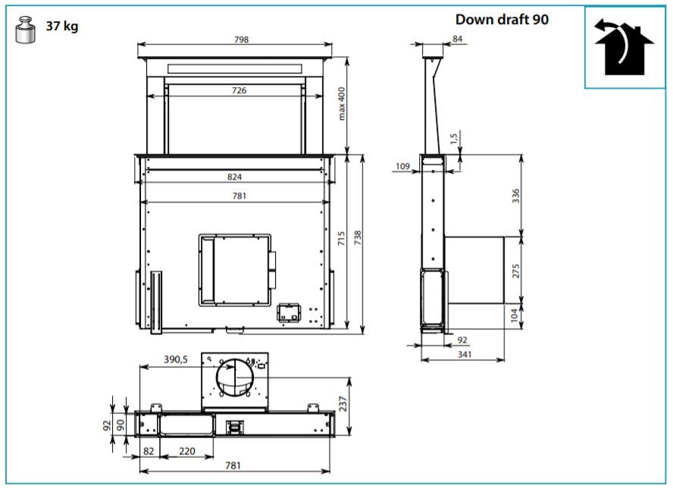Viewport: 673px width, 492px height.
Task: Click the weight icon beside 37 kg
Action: coord(25,30)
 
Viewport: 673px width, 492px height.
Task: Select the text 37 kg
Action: coord(62,27)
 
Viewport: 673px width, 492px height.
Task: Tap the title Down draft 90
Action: coord(502,19)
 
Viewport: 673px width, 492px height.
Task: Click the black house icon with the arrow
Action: coord(624,47)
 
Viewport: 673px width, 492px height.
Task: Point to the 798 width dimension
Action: coord(241,39)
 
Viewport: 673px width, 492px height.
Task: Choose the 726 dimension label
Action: coord(239,90)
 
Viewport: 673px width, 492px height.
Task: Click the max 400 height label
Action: coord(342,104)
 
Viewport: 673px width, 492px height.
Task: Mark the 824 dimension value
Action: coord(234,177)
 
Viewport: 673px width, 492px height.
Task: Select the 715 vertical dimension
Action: coord(341,239)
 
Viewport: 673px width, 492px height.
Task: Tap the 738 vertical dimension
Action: coord(358,238)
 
